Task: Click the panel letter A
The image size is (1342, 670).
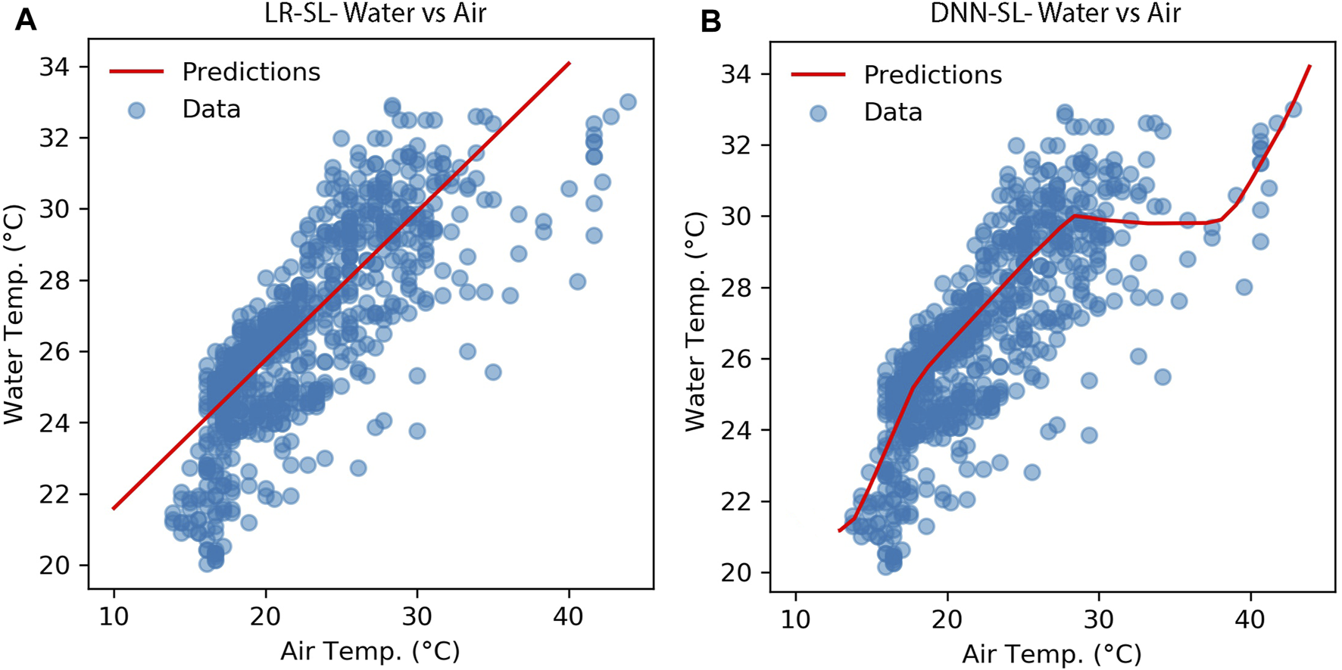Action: tap(26, 18)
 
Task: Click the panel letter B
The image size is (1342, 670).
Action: tap(710, 20)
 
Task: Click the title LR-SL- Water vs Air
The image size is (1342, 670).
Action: tap(376, 13)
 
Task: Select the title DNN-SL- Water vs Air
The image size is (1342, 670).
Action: tap(1055, 13)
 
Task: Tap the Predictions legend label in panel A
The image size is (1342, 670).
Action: tap(251, 72)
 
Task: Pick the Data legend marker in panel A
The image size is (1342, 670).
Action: tap(136, 111)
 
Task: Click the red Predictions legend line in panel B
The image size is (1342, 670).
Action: tap(818, 75)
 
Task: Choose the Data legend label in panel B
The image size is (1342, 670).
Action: tap(893, 113)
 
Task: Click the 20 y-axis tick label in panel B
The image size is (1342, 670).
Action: tap(735, 573)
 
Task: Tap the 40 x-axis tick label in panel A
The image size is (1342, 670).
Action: tap(568, 616)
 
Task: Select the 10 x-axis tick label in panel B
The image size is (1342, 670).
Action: tap(795, 619)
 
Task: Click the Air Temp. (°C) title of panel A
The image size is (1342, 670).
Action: tap(370, 651)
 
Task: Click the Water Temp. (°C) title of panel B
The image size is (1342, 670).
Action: tap(695, 321)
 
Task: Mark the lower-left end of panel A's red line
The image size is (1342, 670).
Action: tap(114, 508)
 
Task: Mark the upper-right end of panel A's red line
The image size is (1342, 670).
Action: tap(569, 64)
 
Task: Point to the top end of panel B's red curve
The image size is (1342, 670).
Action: tap(1309, 67)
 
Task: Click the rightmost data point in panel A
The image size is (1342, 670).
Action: tap(627, 102)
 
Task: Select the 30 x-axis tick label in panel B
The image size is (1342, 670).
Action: tap(1098, 619)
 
